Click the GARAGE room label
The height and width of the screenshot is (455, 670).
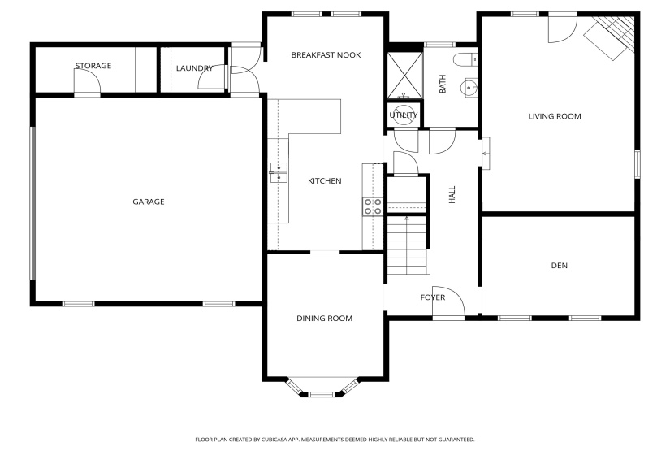pos(149,201)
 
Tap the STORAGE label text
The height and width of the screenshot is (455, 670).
pos(93,66)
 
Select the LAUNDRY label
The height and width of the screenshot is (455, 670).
pos(194,68)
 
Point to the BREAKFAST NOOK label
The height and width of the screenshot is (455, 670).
pos(326,55)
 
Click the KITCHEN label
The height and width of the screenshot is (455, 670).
pos(324,181)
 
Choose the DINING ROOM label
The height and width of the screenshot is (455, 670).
pos(324,318)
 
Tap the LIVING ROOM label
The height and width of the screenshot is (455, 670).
pos(555,116)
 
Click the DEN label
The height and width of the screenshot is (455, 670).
pos(559,266)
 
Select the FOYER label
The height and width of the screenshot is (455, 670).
pos(433,297)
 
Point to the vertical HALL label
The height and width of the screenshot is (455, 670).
pos(452,194)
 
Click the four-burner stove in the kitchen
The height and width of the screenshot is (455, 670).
pos(373,206)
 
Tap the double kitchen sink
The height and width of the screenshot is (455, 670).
pos(279,172)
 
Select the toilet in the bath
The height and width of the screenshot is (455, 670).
pos(467,59)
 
